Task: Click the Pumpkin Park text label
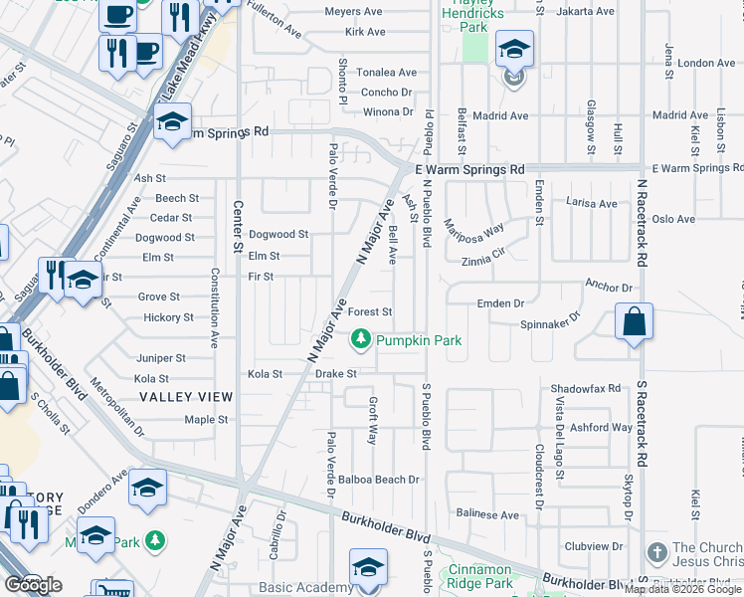[x=418, y=341]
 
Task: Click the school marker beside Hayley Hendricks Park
[x=514, y=49]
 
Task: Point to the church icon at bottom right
[x=656, y=552]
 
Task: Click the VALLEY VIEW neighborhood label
[x=186, y=397]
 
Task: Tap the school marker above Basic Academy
[x=367, y=568]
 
